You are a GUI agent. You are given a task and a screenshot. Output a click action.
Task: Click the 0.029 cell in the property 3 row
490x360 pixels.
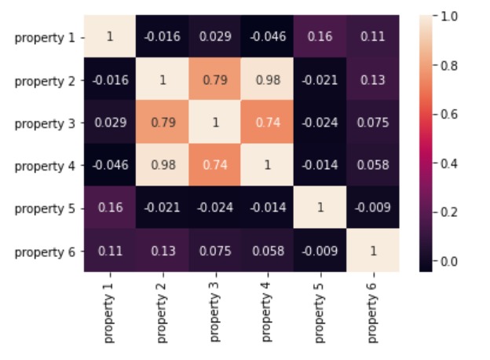(110, 123)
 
